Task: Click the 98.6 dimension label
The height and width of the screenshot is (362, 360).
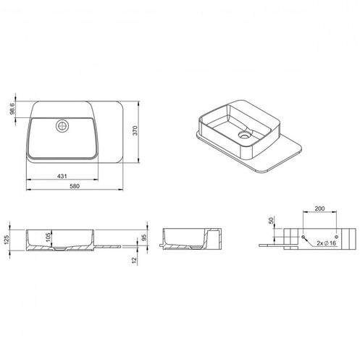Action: point(12,109)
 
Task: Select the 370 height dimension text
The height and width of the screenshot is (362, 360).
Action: point(135,130)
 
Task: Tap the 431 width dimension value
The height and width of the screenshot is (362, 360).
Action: point(62,176)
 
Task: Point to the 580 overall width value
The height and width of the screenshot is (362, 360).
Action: point(75,186)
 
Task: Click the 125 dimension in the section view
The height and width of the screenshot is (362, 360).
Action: point(7,240)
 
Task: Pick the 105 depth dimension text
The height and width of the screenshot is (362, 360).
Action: point(48,237)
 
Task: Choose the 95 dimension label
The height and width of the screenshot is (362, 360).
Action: point(144,237)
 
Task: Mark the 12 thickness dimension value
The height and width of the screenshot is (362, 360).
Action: point(134,260)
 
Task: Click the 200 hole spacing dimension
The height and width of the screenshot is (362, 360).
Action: point(319,209)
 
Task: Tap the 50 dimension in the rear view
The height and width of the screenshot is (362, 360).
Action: point(272,220)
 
